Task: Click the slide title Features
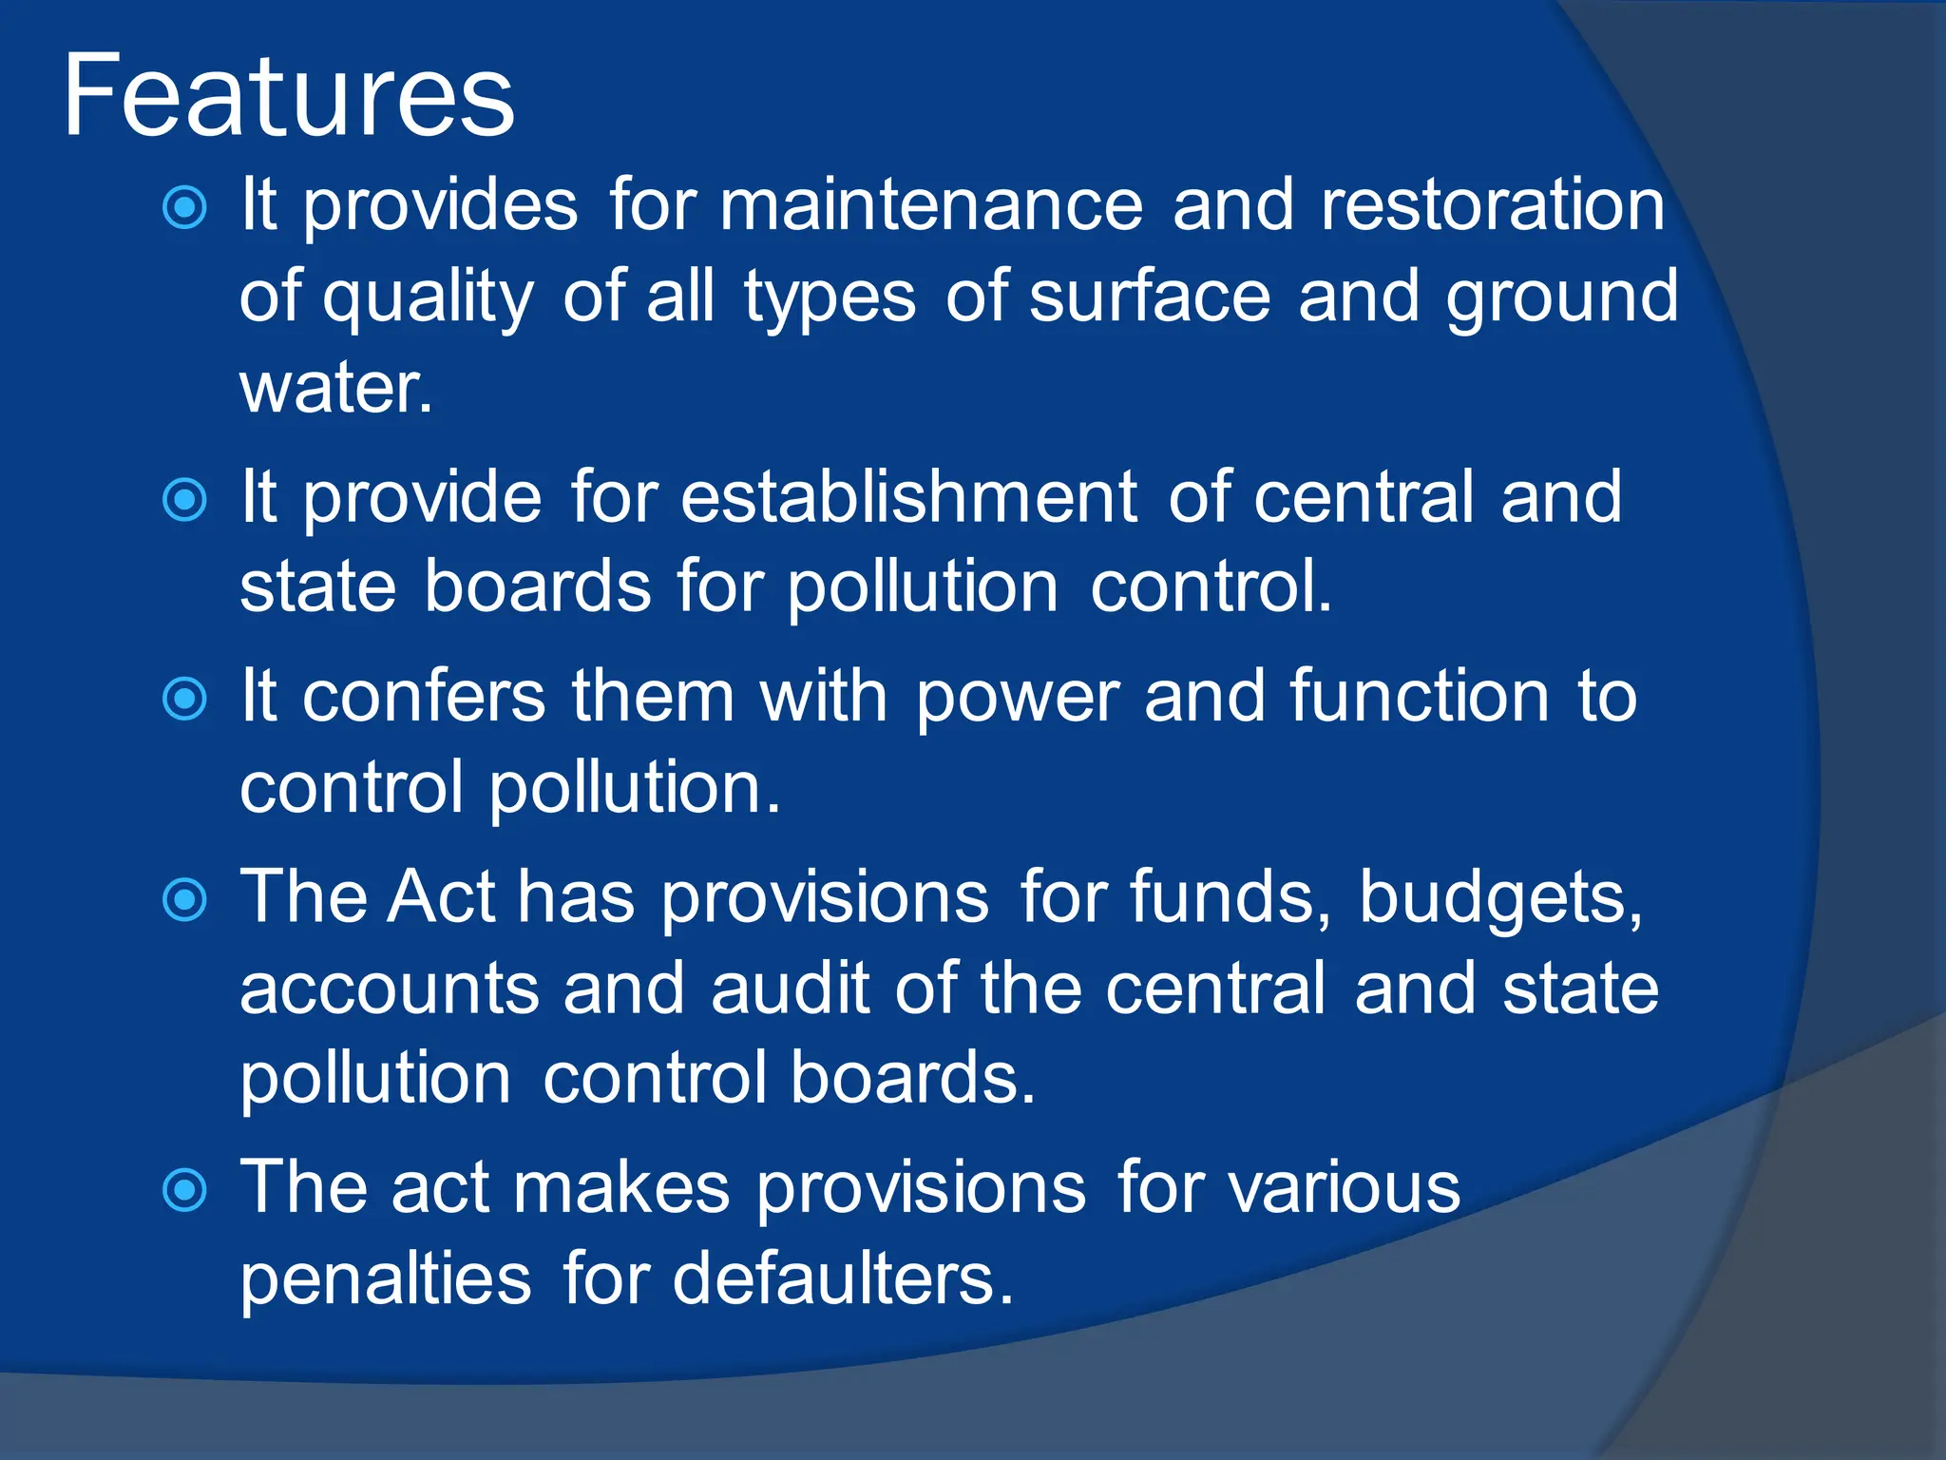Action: click(x=289, y=97)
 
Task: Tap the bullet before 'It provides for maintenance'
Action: click(x=184, y=208)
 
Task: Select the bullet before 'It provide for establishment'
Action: click(x=184, y=500)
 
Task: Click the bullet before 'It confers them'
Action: click(x=184, y=700)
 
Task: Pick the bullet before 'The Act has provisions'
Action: click(x=184, y=900)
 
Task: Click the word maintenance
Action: click(x=930, y=205)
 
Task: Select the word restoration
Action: click(x=1493, y=205)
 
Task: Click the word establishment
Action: click(x=908, y=497)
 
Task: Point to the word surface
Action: click(x=1150, y=297)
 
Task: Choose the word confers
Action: click(x=424, y=697)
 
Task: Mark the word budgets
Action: click(x=1500, y=898)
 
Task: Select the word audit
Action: click(x=790, y=989)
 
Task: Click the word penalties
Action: click(x=385, y=1279)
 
